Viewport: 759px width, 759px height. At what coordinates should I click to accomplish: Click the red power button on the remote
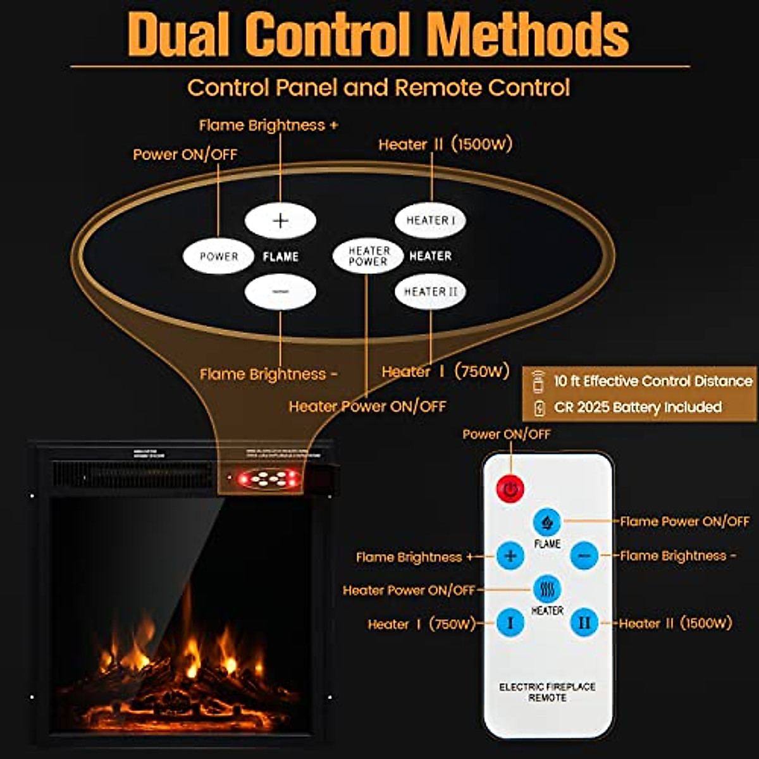point(510,488)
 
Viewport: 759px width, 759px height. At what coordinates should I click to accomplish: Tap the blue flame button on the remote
point(547,522)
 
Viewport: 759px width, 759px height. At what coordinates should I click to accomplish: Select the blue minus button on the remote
point(584,556)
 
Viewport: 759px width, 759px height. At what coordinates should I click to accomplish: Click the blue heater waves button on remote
point(547,589)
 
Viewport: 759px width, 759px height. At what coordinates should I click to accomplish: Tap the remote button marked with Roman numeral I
point(510,623)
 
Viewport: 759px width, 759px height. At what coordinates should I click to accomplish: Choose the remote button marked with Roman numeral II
point(584,623)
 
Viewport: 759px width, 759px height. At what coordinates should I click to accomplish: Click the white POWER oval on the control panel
point(218,257)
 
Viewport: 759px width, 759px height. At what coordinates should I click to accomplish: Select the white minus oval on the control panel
point(280,292)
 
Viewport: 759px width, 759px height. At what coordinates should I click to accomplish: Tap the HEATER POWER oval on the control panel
point(368,256)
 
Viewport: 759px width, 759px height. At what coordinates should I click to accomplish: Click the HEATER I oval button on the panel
point(430,221)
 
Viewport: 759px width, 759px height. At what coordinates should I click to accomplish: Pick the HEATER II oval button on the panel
point(430,292)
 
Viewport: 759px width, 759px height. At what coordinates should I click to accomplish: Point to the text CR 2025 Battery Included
point(638,407)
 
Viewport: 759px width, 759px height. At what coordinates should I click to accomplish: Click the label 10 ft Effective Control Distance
point(653,381)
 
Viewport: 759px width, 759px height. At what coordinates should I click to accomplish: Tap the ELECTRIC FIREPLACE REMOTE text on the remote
point(547,692)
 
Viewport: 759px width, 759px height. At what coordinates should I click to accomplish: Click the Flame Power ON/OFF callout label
point(684,522)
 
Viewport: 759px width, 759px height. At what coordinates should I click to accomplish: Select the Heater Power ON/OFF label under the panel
point(367,407)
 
